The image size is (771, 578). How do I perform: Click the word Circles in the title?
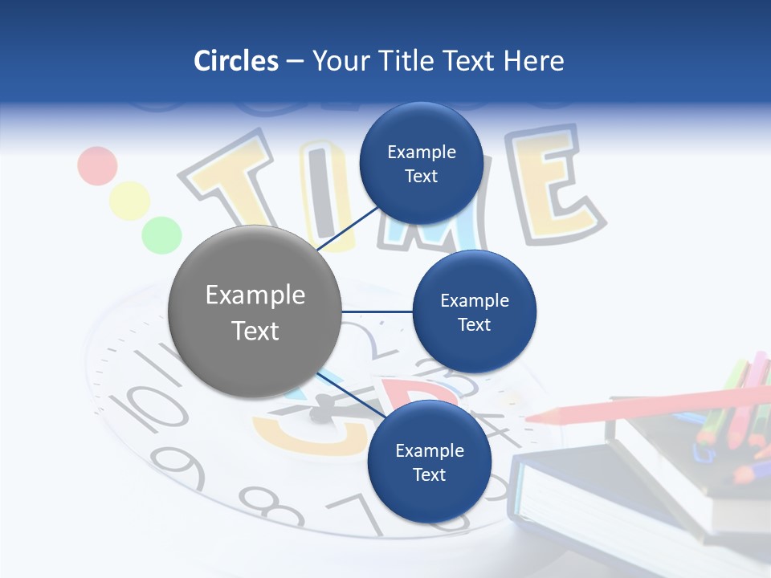(235, 61)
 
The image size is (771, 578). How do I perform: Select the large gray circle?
(255, 311)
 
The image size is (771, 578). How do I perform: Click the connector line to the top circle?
(350, 227)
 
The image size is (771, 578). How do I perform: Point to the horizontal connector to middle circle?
(377, 311)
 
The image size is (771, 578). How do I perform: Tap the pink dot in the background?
(97, 165)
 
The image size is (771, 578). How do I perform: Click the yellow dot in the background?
(129, 201)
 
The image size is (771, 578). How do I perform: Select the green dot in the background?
(161, 234)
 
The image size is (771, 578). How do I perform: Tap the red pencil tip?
(538, 417)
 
